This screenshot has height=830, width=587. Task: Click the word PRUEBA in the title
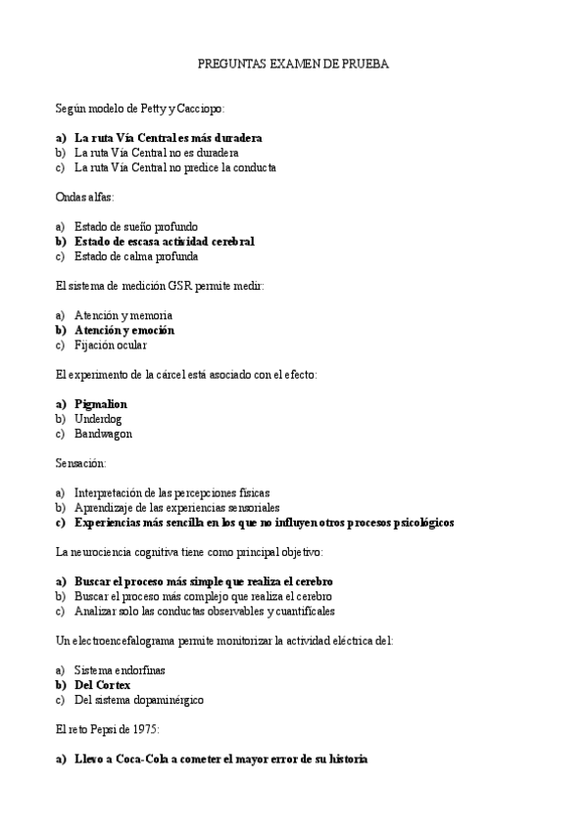pyautogui.click(x=365, y=64)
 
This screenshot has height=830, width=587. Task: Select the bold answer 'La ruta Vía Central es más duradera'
pyautogui.click(x=168, y=138)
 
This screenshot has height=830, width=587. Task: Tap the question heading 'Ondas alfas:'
pyautogui.click(x=85, y=197)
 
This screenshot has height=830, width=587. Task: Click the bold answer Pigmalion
pyautogui.click(x=101, y=403)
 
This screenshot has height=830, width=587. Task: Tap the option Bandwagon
pyautogui.click(x=103, y=434)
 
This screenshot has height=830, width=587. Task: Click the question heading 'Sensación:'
pyautogui.click(x=81, y=463)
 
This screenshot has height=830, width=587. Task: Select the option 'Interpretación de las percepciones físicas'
pyautogui.click(x=171, y=492)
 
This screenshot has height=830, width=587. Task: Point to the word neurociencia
pyautogui.click(x=97, y=552)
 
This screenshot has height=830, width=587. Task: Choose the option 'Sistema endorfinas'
pyautogui.click(x=121, y=670)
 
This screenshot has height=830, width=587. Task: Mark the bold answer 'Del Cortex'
pyautogui.click(x=102, y=685)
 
